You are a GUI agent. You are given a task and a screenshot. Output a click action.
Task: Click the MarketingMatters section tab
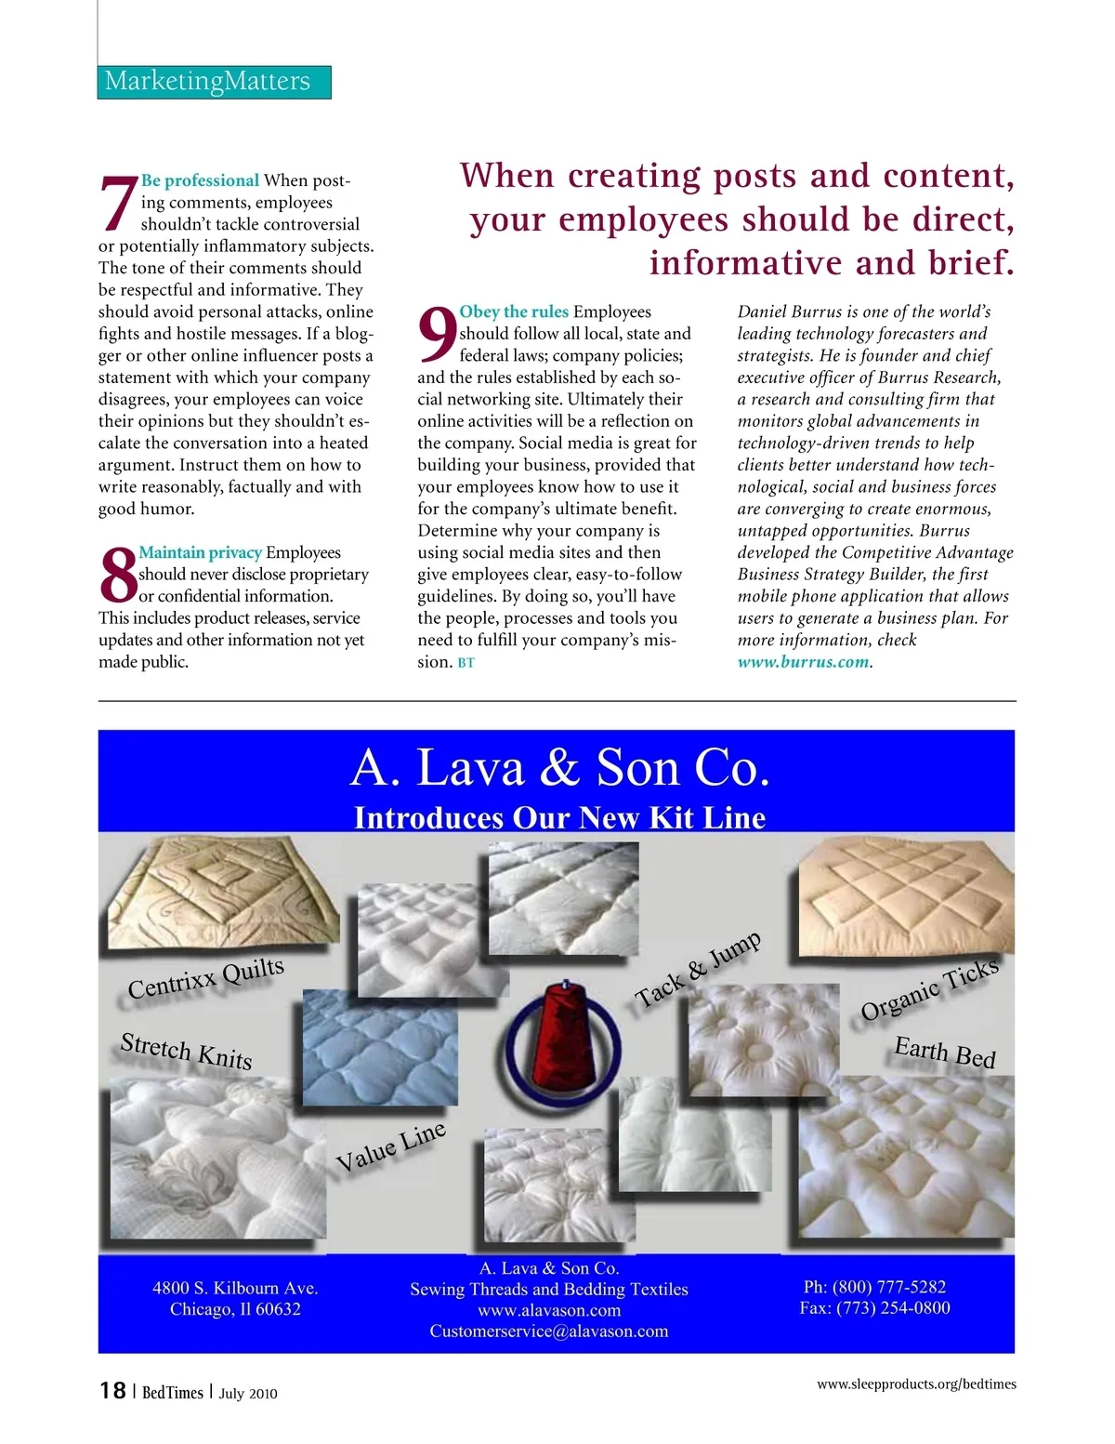tap(214, 82)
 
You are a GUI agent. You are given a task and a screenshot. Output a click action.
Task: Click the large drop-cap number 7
tap(118, 203)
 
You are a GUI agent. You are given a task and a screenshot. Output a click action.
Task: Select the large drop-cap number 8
tap(118, 575)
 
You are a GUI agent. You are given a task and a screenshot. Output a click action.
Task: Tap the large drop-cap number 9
tap(437, 335)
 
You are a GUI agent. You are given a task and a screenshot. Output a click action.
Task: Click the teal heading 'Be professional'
tap(200, 180)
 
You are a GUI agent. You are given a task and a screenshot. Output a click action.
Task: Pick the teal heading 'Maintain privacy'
tap(200, 552)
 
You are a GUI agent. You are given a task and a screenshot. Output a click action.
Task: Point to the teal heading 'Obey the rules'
tap(514, 311)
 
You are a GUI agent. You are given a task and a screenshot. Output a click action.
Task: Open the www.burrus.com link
tap(804, 662)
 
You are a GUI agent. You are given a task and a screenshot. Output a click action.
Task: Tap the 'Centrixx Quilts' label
tap(206, 978)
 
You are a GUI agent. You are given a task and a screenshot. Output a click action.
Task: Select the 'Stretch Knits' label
tap(187, 1051)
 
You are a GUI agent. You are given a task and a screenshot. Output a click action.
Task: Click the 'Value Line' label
tap(390, 1146)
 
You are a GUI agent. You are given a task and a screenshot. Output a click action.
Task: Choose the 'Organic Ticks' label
tap(929, 988)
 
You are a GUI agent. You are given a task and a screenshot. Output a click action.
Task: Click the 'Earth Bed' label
tap(944, 1053)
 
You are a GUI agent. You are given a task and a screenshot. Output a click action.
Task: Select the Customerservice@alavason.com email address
tap(548, 1331)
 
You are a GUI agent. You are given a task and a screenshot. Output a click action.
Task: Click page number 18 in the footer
tap(112, 1390)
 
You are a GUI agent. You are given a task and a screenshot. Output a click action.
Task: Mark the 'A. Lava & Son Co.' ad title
tap(560, 769)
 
